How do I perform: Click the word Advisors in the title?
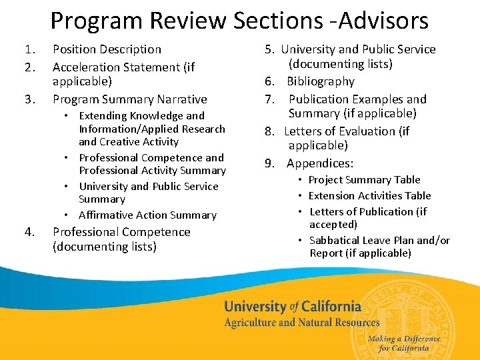click(x=383, y=21)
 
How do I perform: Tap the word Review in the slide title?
click(x=189, y=21)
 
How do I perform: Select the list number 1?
click(x=29, y=49)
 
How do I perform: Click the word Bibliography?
click(x=321, y=81)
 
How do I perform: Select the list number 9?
click(x=269, y=163)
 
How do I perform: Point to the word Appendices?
click(x=320, y=163)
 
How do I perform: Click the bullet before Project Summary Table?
click(x=301, y=180)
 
